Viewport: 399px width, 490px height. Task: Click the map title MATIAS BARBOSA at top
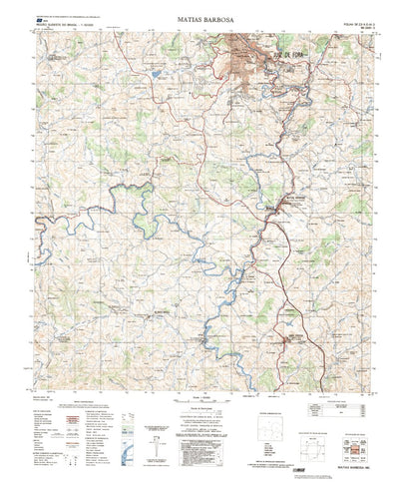[199, 17]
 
